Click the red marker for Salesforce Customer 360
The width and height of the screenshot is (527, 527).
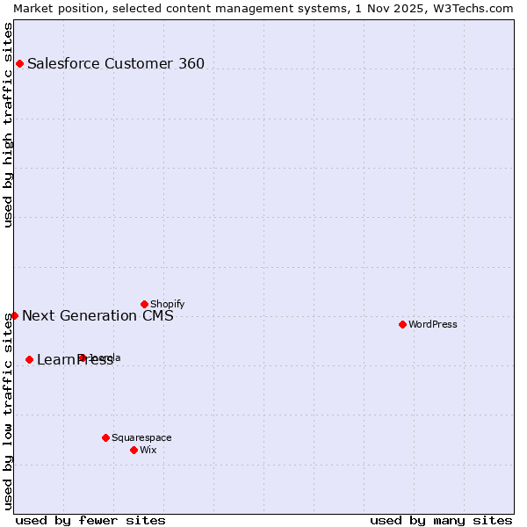tap(19, 63)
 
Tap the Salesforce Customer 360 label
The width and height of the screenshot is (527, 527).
tap(116, 63)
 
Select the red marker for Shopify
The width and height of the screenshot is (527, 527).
tap(144, 304)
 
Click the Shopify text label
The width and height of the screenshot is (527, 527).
tap(167, 304)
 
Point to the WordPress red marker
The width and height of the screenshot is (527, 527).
tap(402, 324)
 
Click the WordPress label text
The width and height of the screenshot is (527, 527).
tap(433, 324)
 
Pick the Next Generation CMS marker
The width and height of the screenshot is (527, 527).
tap(14, 315)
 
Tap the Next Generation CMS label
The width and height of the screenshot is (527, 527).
tap(97, 315)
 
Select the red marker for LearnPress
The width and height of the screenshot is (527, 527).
tap(29, 359)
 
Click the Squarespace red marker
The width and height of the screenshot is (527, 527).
tap(105, 437)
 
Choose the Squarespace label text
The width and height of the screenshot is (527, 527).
tap(141, 437)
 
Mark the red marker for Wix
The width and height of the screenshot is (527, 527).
tap(134, 450)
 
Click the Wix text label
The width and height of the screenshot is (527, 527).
tap(148, 450)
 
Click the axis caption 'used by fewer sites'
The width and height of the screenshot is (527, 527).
tap(90, 520)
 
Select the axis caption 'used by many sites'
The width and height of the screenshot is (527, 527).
tap(441, 520)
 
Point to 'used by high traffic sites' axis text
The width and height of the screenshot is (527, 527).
tap(8, 125)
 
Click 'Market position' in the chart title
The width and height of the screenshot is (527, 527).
tap(54, 8)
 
